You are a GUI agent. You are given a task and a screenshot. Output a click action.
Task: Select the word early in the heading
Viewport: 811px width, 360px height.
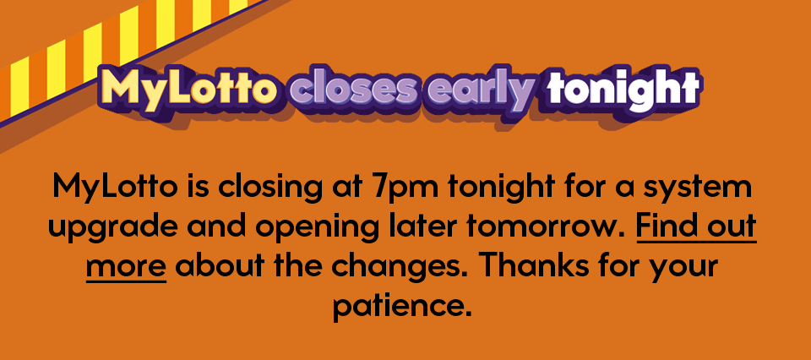click(481, 89)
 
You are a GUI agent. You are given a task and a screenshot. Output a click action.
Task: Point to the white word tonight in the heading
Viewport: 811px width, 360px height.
click(622, 88)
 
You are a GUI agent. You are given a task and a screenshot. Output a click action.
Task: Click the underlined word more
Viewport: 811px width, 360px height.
click(126, 267)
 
